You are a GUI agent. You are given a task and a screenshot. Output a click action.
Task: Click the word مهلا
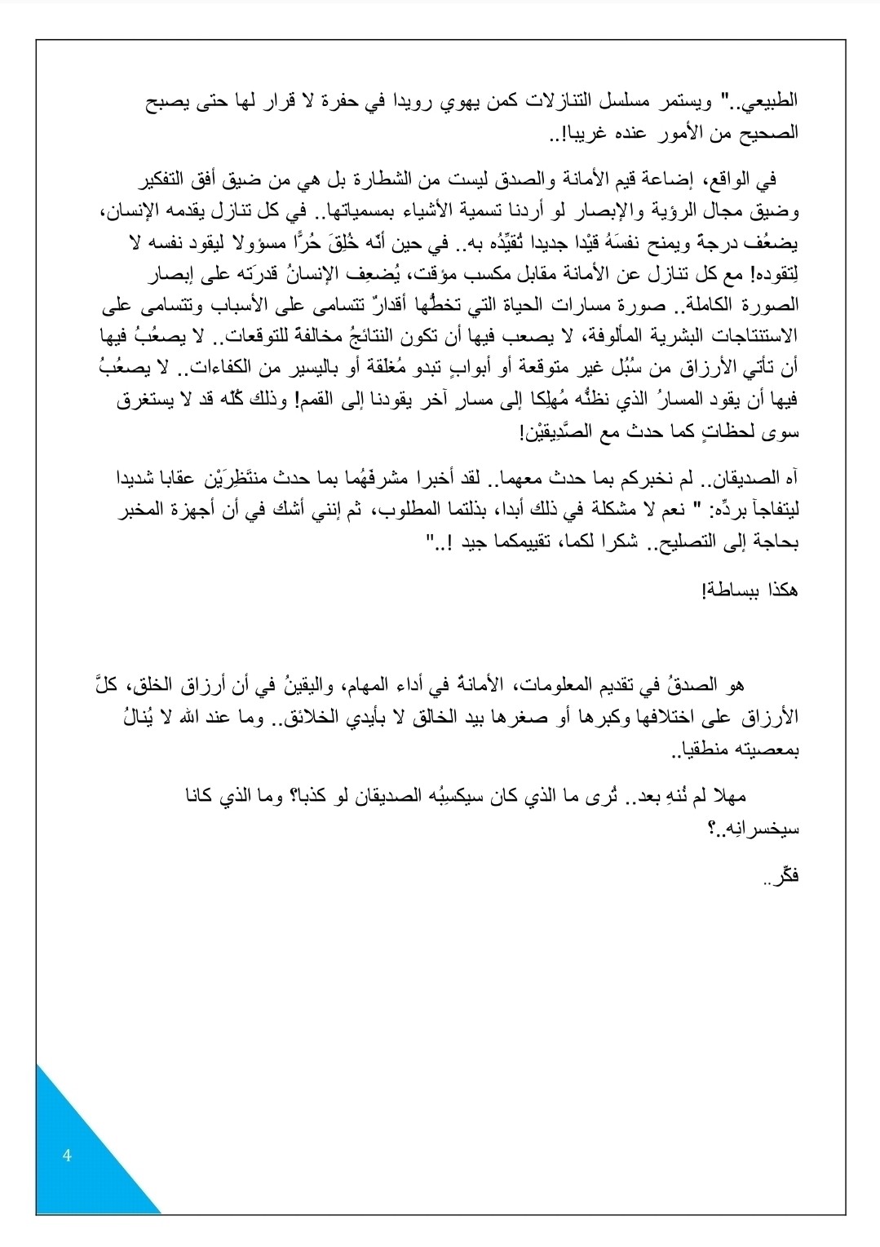(x=726, y=796)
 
